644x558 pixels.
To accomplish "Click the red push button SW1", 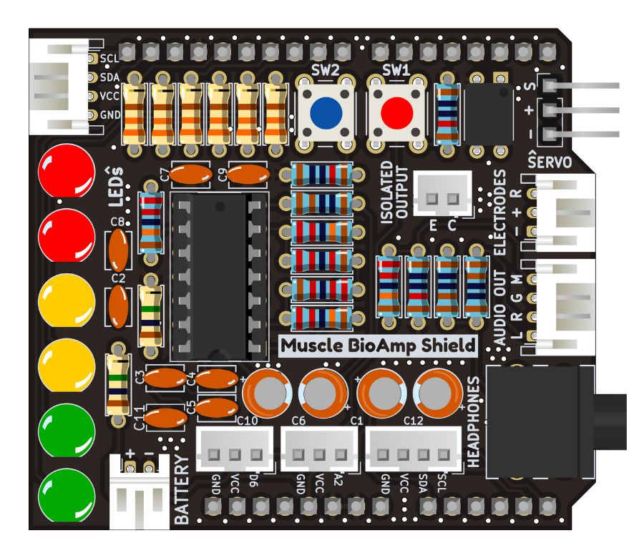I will (x=396, y=112).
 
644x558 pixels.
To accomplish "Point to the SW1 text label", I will (x=396, y=71).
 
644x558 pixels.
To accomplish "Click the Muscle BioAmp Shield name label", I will (x=378, y=346).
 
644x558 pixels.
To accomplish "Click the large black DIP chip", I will (x=218, y=275).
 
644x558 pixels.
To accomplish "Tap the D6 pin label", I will (x=253, y=481).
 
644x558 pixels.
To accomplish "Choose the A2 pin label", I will (x=337, y=481).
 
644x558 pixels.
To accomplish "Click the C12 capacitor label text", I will (x=414, y=421).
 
